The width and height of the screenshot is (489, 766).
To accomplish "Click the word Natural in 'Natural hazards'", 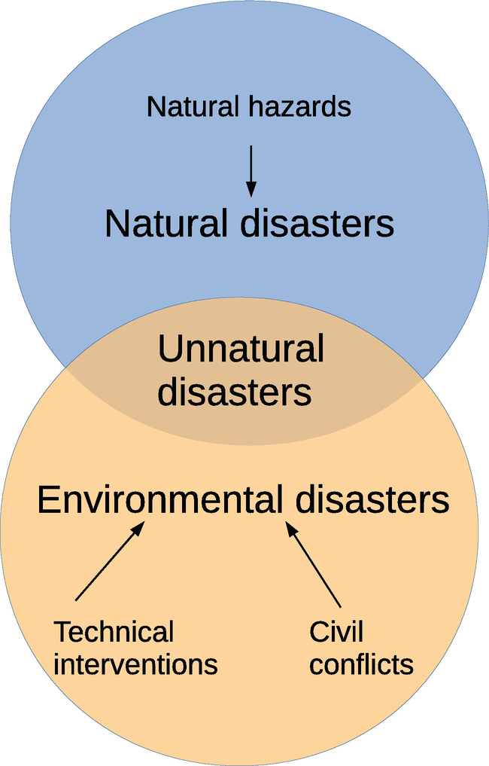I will pos(193,106).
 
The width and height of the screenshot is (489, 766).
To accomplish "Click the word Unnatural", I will pos(241,349).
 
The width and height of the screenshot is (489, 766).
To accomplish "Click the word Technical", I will pos(114,631).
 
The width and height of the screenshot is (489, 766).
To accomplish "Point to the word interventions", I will pos(135,664).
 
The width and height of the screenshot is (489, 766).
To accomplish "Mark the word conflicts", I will pos(361,664).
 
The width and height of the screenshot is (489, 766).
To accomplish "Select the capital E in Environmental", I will pos(49,499).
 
